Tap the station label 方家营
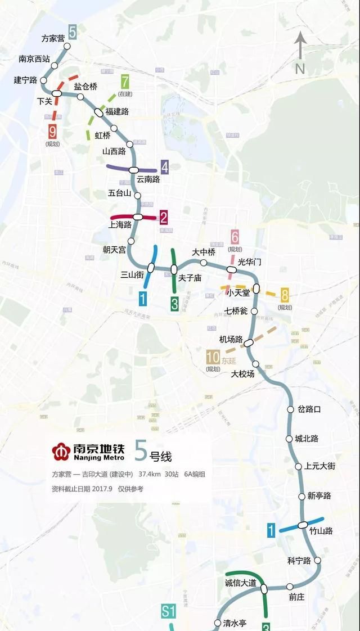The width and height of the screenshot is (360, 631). (53, 38)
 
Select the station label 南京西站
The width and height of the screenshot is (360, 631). (34, 58)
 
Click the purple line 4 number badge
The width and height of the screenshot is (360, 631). (164, 166)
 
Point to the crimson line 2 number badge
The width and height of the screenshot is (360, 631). (164, 217)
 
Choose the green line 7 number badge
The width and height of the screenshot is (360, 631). (124, 80)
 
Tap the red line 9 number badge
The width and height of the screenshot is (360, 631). (53, 132)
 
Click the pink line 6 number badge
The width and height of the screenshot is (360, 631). (235, 237)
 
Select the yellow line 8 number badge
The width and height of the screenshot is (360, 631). (285, 294)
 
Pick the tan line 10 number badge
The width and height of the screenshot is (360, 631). (213, 357)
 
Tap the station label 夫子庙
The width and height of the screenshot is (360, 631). (190, 278)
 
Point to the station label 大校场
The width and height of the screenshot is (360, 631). (243, 373)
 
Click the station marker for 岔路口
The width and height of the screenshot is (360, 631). (291, 409)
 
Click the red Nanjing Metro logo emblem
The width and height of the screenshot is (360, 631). (60, 451)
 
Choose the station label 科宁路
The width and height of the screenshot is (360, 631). (299, 561)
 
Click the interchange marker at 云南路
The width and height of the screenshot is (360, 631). (134, 169)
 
